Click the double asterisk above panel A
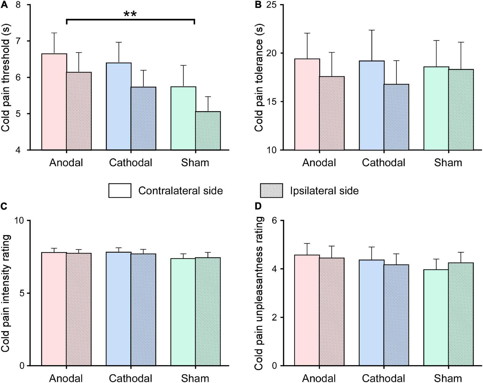coord(130,14)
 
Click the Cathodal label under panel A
coord(131,163)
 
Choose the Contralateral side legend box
coord(120,191)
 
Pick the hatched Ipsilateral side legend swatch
coord(271,191)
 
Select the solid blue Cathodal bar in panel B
coord(371,105)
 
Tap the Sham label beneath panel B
coord(448,163)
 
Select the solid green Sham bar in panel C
coord(183,312)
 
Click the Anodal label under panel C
coord(66,378)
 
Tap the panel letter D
coord(258,206)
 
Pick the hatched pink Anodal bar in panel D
coord(332,312)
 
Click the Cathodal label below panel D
coord(383,378)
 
